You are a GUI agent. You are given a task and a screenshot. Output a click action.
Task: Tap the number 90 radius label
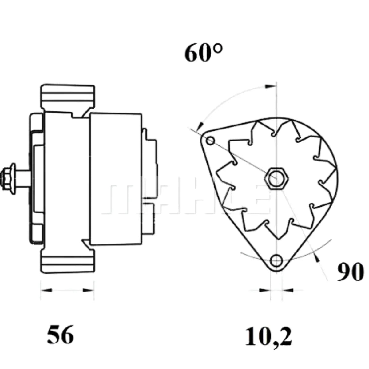pyautogui.click(x=350, y=272)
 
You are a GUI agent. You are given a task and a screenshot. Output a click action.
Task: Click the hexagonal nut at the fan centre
pyautogui.click(x=276, y=178)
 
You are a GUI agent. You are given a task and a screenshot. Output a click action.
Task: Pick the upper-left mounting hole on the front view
pyautogui.click(x=210, y=141)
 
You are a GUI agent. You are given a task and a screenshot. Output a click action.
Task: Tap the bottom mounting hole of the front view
pyautogui.click(x=277, y=260)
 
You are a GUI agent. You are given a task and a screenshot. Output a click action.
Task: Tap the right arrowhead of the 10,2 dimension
pyautogui.click(x=287, y=290)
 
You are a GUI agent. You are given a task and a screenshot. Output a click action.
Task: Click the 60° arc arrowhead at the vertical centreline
pyautogui.click(x=271, y=87)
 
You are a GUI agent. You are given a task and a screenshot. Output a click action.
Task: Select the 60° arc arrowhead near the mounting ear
pyautogui.click(x=200, y=126)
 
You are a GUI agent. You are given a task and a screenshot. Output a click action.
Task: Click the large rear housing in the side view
pyautogui.click(x=116, y=178)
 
